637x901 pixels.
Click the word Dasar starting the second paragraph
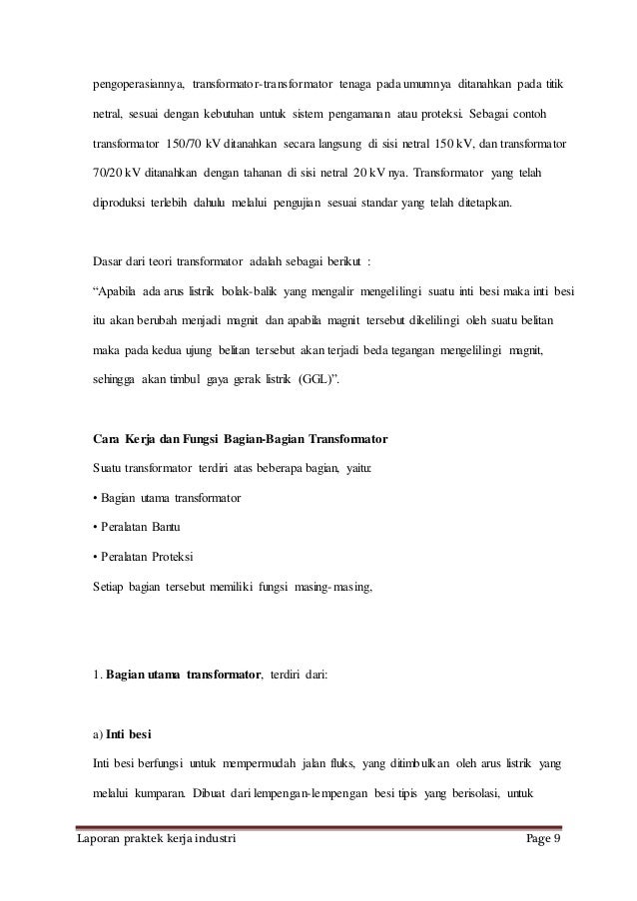(108, 261)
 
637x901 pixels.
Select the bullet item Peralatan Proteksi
(146, 555)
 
